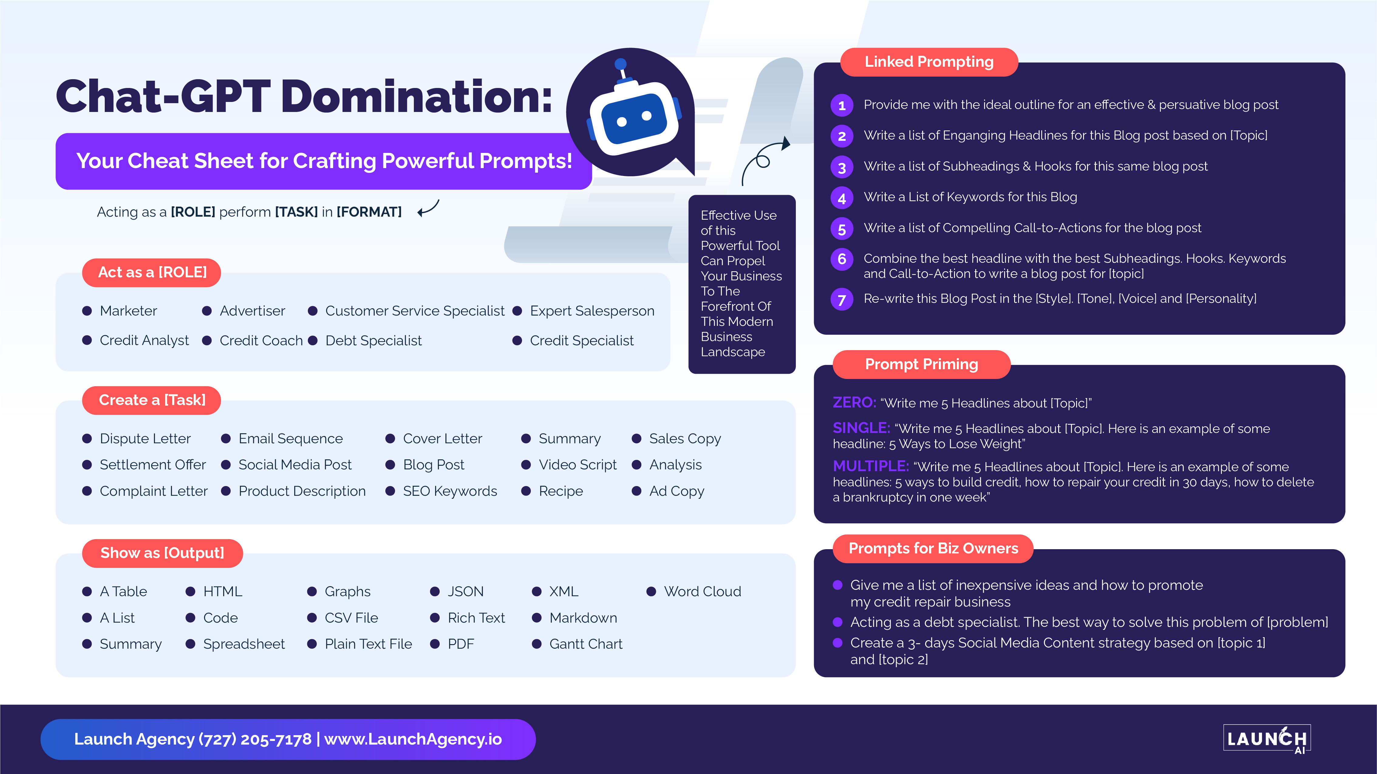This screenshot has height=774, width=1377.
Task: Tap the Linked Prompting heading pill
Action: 929,62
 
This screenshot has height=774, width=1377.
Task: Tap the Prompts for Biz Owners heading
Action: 933,549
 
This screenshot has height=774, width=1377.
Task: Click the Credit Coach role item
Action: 261,341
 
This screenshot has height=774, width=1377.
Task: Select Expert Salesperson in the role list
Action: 592,311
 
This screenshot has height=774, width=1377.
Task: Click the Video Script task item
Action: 577,465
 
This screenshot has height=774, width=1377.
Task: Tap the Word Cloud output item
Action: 702,591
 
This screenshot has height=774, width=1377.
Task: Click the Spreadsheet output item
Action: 244,644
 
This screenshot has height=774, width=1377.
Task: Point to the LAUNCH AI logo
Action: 1267,739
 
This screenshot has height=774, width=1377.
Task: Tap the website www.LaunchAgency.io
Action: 413,739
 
